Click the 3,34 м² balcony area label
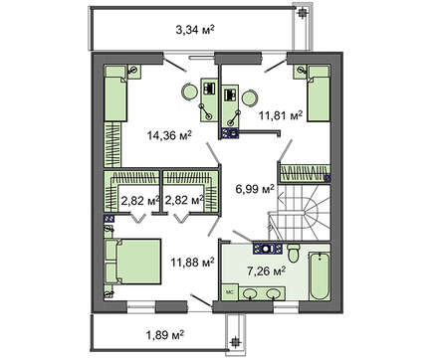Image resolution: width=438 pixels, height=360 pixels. coord(195,30)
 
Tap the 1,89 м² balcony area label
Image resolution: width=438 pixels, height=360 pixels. coord(165,335)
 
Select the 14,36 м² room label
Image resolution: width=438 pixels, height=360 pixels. coord(169,135)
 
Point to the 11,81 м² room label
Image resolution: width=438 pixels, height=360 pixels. coord(281,116)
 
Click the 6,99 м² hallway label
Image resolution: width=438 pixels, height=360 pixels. coord(255,189)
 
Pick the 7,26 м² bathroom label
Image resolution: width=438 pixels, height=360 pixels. coord(267,271)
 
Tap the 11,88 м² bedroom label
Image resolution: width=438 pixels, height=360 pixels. coord(192,263)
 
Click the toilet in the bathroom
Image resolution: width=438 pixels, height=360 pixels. coord(294,254)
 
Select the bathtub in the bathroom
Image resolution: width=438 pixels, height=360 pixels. coord(320,276)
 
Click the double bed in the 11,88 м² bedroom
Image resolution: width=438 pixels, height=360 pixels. coord(133,262)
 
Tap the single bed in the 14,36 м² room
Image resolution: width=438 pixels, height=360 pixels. coord(115,93)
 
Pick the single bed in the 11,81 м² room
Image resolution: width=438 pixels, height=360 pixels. coord(319,93)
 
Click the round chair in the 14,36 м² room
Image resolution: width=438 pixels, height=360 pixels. coord(189,91)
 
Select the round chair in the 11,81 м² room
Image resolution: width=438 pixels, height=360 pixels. coord(250,98)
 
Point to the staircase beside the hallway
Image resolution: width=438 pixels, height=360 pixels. coord(300,213)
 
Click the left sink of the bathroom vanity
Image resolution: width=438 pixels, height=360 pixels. coord(249,293)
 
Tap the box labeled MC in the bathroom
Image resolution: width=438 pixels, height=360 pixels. coord(229,292)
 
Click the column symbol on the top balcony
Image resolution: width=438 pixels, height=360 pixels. coord(302,13)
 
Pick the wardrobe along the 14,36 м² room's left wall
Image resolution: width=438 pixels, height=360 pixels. coord(112,144)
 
